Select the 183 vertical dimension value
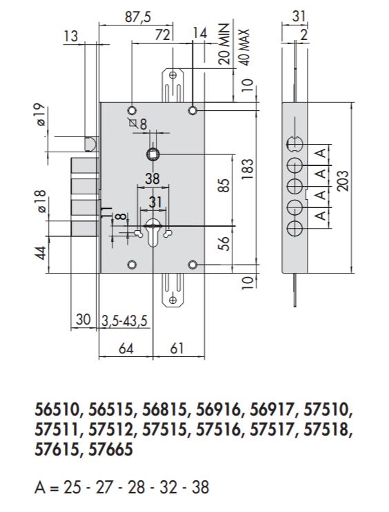248,167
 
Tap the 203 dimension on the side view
341,181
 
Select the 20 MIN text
224,46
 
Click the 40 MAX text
242,46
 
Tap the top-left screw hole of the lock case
131,110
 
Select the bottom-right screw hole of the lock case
192,265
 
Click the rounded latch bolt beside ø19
90,144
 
